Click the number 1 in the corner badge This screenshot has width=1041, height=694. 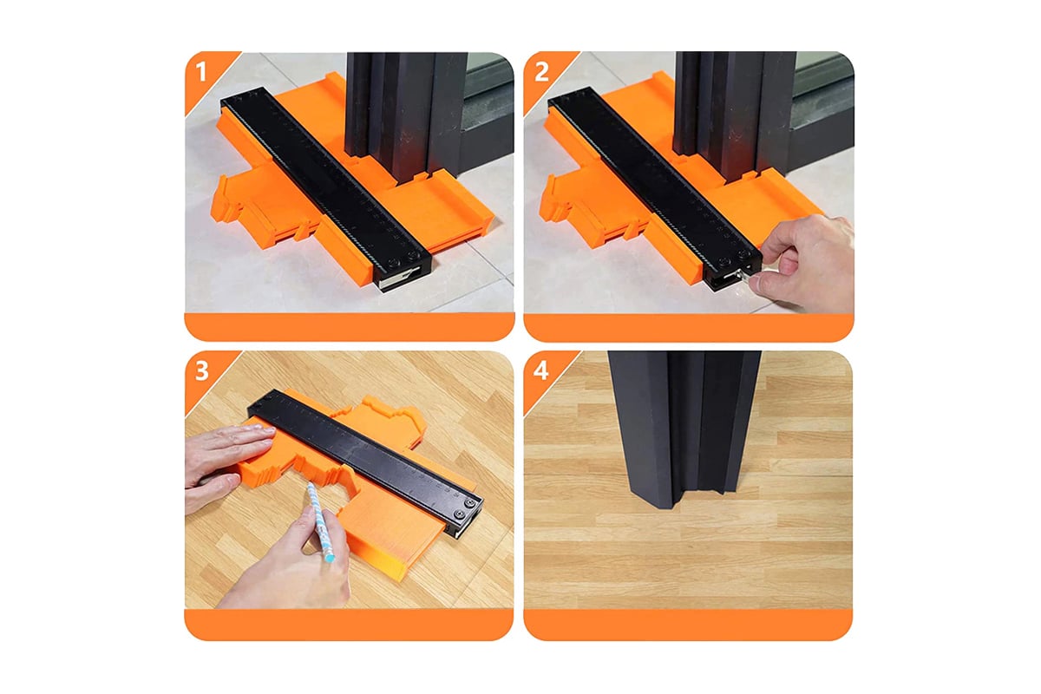(200, 72)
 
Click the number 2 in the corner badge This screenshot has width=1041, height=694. (541, 72)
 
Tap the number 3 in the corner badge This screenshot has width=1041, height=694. (201, 371)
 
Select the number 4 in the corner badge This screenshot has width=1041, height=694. (541, 370)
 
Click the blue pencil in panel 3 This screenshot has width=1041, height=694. (321, 521)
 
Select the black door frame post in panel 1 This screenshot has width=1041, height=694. (405, 116)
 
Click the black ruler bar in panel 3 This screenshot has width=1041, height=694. (365, 463)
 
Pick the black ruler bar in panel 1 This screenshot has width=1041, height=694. (326, 188)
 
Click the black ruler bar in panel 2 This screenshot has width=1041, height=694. (655, 188)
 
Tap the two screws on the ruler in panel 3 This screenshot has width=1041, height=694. (465, 508)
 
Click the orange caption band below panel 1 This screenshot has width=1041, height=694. (350, 327)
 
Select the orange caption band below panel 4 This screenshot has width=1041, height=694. (688, 625)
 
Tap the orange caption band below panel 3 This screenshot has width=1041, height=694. (349, 625)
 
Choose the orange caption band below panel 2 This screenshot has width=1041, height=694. (689, 327)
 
